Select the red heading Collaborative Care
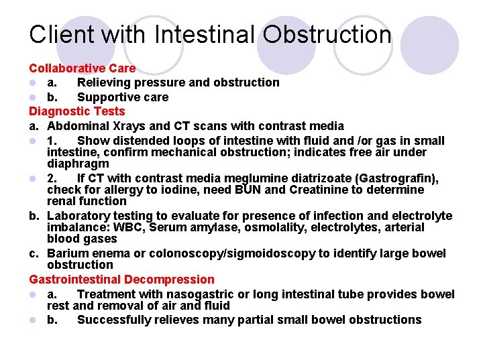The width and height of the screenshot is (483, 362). coord(82,68)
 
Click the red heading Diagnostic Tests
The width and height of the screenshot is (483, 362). coord(76,111)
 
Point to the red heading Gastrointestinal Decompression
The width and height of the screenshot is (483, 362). coord(121,280)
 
